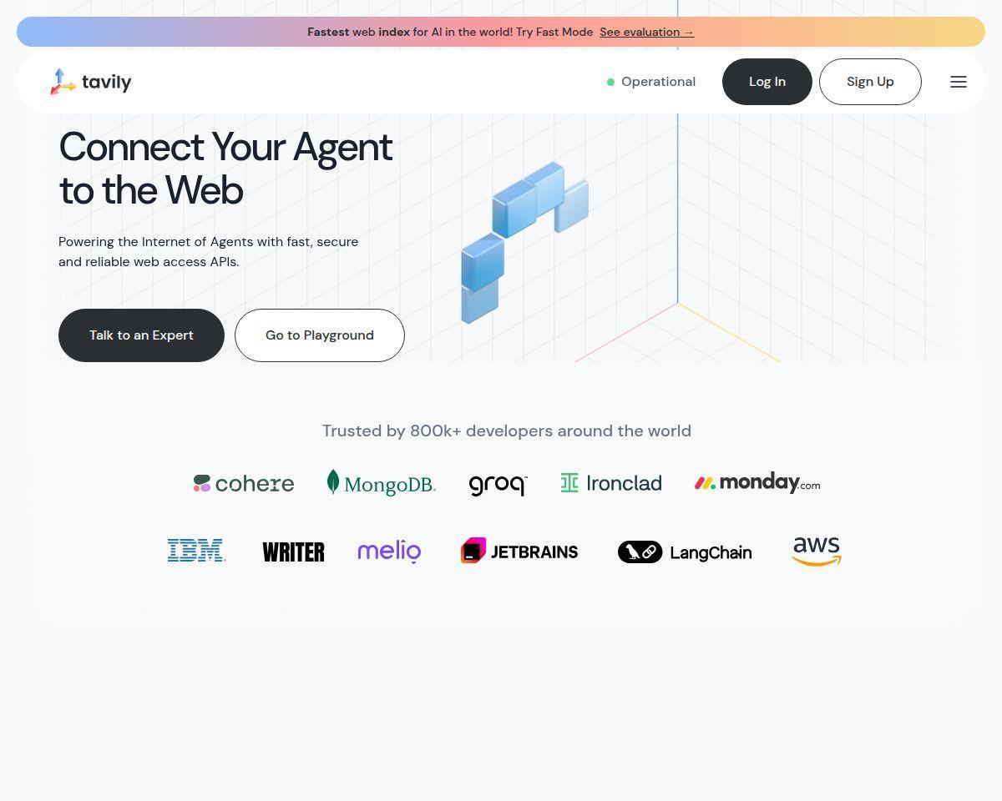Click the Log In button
(x=767, y=82)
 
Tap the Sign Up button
(x=870, y=82)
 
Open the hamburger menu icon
(x=959, y=82)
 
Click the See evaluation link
(x=647, y=32)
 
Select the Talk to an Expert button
(x=141, y=335)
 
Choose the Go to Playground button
(x=320, y=335)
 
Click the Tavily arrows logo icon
(x=63, y=82)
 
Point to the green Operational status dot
(x=610, y=83)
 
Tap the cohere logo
(x=244, y=484)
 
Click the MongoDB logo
(x=382, y=482)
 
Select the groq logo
(x=498, y=485)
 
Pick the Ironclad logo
(x=611, y=483)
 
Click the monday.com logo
(x=757, y=483)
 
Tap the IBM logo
(x=196, y=550)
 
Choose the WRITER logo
(x=293, y=552)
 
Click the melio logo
(x=389, y=552)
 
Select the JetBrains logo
(x=519, y=551)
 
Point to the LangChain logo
(x=685, y=552)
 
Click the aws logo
(x=817, y=551)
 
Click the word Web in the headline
(x=204, y=190)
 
